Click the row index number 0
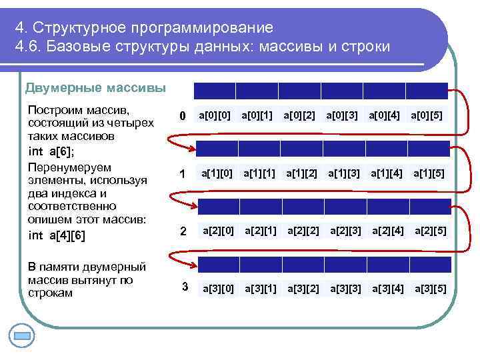pos(182,117)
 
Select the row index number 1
pos(182,175)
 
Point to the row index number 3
pos(185,287)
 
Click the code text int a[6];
pos(51,151)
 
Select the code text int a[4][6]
pos(57,235)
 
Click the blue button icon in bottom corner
pos(22,335)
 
